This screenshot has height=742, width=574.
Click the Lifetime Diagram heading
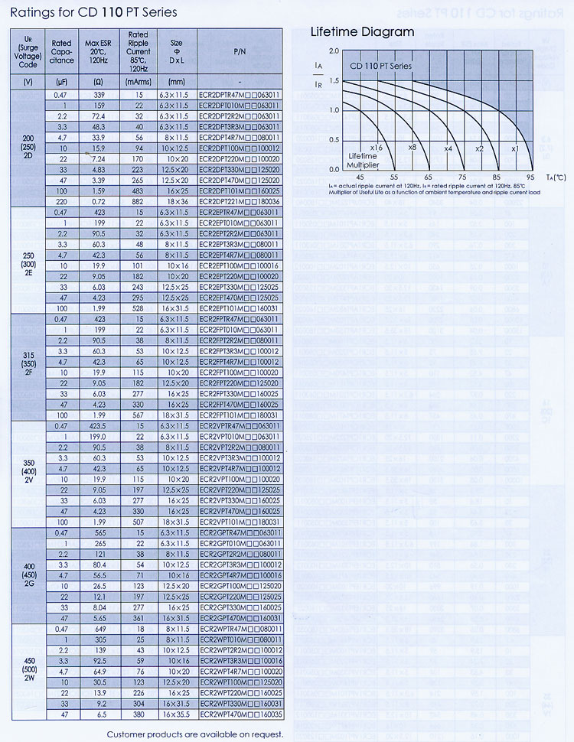[x=362, y=32]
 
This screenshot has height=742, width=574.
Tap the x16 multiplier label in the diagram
[x=376, y=147]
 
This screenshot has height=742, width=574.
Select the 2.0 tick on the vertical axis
[x=333, y=50]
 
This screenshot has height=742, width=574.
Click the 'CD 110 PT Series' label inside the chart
[x=381, y=67]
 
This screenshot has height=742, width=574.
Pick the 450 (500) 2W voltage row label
[x=28, y=669]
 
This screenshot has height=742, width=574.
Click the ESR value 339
[x=99, y=94]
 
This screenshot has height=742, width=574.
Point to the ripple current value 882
[x=138, y=200]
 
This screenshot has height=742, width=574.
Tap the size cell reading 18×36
[x=176, y=200]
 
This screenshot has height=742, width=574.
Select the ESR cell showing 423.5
[x=99, y=425]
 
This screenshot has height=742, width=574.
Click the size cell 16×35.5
[x=176, y=714]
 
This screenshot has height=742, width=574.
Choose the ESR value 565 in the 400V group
[x=99, y=532]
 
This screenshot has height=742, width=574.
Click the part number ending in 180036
[x=239, y=200]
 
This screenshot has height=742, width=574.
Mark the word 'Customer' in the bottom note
[x=129, y=734]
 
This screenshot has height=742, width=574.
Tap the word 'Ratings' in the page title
[x=33, y=12]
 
